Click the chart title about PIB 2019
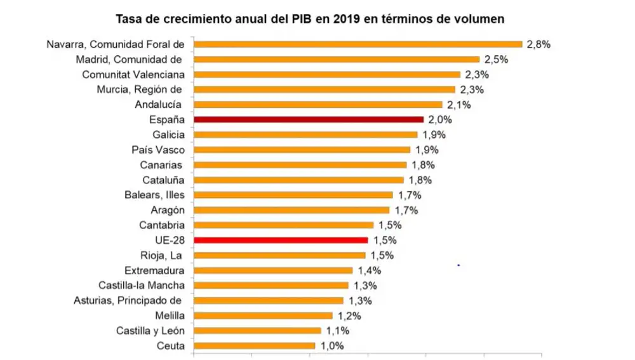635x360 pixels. [x=310, y=18]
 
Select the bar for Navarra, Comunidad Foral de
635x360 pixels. [x=358, y=44]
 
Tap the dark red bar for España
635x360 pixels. [x=308, y=119]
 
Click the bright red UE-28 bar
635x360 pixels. [x=281, y=240]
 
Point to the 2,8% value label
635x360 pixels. [x=537, y=44]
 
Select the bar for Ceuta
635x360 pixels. [x=254, y=346]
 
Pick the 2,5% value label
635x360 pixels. [x=497, y=59]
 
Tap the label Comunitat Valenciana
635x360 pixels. [x=133, y=74]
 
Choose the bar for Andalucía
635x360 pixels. [x=317, y=104]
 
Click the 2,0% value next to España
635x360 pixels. [x=438, y=119]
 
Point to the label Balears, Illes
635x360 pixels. [x=154, y=195]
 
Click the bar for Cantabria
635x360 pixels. [x=283, y=225]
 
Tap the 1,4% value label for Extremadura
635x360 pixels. [x=367, y=270]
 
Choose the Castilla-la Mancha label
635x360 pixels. [x=141, y=285]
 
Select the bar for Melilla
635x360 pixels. [x=263, y=316]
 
